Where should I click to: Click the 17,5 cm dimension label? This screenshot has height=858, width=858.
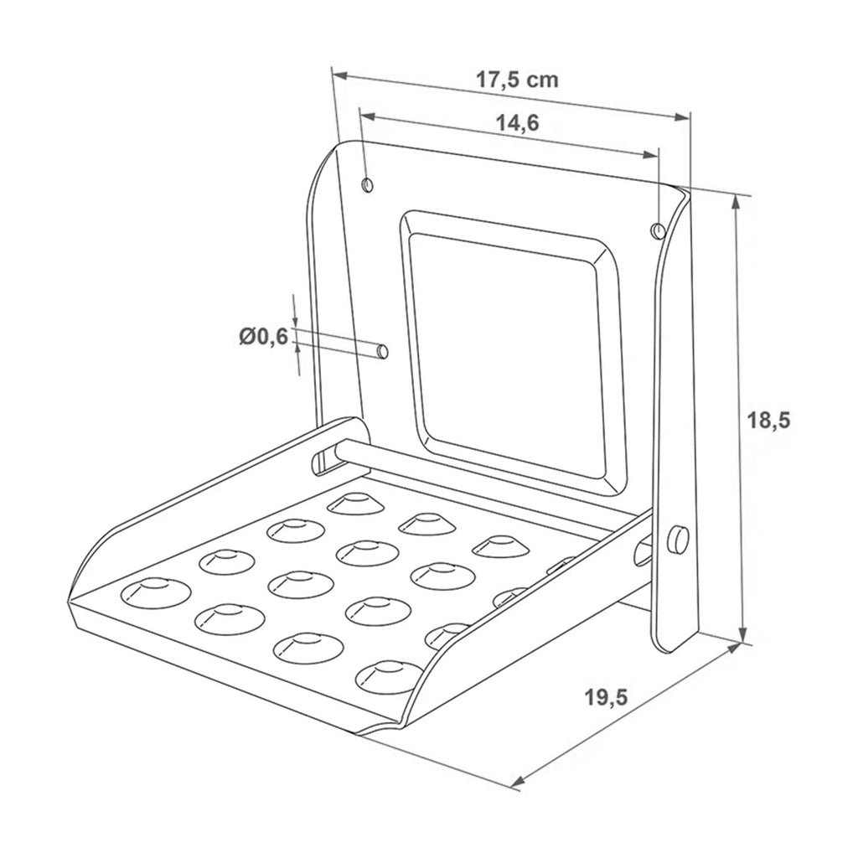[516, 80]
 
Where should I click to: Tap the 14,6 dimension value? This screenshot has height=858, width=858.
[517, 123]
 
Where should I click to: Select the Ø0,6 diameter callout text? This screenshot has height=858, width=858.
[263, 336]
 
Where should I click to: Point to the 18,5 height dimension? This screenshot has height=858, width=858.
[769, 421]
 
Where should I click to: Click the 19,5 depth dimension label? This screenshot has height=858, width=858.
[606, 697]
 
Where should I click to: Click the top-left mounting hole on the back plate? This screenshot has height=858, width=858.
[367, 185]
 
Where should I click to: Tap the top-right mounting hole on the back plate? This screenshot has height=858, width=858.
[658, 230]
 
